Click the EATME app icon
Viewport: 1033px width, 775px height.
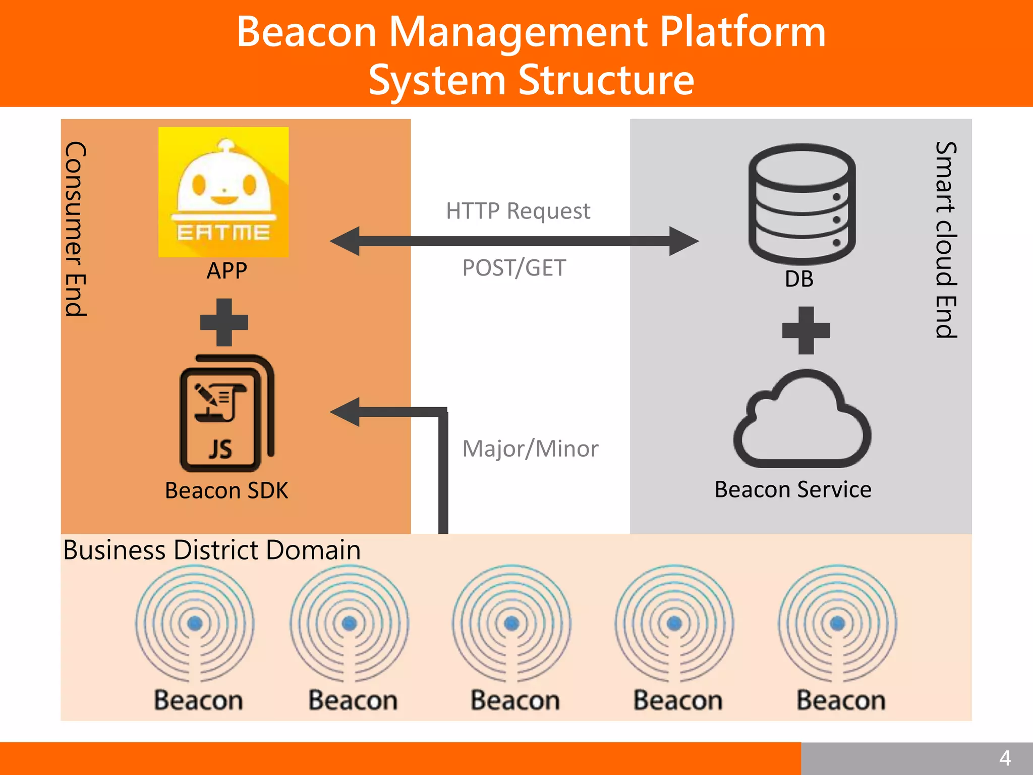click(223, 192)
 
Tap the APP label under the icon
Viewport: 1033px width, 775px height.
click(226, 271)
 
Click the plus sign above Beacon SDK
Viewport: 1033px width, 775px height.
click(224, 322)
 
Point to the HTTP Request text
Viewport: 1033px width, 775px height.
click(518, 211)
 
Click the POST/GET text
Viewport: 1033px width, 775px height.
click(514, 268)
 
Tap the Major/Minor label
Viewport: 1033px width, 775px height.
click(530, 449)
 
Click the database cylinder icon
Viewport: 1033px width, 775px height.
click(801, 204)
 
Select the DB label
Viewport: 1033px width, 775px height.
click(799, 279)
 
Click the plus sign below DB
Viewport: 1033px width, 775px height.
click(806, 330)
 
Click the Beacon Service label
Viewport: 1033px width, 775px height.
click(793, 490)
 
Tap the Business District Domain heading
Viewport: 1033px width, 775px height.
click(212, 550)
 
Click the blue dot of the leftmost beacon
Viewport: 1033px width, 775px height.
click(195, 623)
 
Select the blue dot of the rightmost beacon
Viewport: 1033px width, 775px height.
click(838, 623)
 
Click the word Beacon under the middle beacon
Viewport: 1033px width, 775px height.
click(515, 701)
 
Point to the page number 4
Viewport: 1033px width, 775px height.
click(1005, 758)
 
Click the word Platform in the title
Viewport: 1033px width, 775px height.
click(742, 32)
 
